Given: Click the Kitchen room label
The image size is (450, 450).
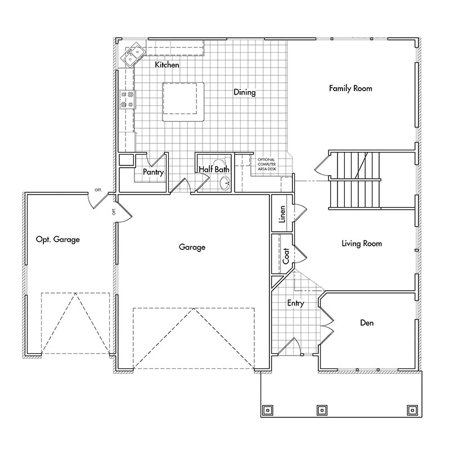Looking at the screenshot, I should tap(167, 65).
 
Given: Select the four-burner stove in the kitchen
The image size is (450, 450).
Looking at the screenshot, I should tap(127, 100).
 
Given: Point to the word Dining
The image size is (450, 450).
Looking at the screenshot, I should tap(245, 92).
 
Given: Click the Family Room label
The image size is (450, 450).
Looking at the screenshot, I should tap(350, 88).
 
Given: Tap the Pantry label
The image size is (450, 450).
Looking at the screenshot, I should tap(153, 172).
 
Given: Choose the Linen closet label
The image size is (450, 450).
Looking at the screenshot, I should tap(283, 214).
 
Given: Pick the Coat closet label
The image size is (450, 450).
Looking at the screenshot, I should tap(286, 256).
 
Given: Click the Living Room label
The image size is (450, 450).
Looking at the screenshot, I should tap(362, 244).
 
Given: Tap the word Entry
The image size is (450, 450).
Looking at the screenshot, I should tap(295, 303).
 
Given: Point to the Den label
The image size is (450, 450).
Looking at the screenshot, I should tap(367, 323).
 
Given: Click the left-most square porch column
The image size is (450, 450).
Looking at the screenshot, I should tap(267, 409).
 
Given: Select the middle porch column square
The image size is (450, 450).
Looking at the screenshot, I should tap(322, 409).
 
